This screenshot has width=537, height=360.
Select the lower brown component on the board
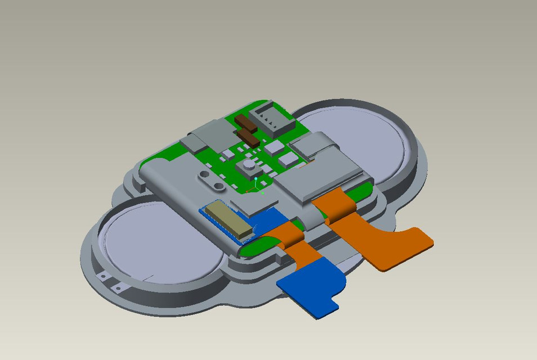248,138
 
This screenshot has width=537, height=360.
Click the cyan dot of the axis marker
256,179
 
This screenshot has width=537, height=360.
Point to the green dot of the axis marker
263,193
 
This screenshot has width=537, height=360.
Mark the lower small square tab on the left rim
118,289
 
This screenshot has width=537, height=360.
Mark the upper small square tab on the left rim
104,276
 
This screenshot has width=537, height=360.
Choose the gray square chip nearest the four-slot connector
274,147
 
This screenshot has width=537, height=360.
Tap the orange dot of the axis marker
247,192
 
